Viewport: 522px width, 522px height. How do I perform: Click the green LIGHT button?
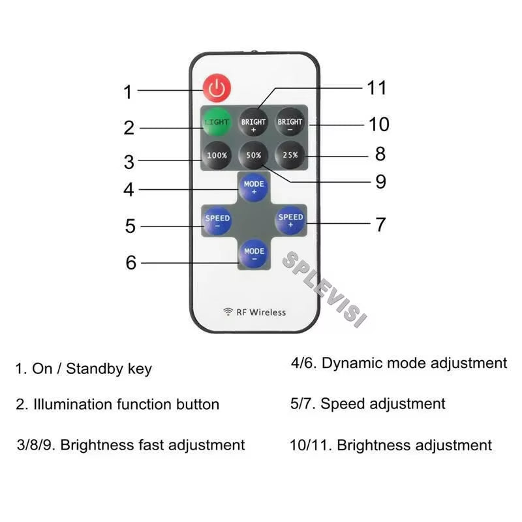point(217,122)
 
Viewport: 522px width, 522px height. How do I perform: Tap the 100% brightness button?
point(217,155)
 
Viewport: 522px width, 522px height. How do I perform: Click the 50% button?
point(254,155)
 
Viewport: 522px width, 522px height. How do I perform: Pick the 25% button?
point(290,155)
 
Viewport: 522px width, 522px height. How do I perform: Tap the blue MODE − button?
point(254,254)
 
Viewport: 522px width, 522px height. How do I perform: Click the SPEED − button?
point(217,221)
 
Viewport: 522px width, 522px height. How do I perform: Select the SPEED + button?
point(290,221)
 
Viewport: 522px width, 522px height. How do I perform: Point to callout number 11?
point(376,87)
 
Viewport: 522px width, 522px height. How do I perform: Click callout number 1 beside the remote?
point(128,93)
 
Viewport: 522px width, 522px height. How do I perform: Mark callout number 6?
point(131,263)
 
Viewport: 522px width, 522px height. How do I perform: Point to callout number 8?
point(380,154)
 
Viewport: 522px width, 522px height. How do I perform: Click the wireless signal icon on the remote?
point(228,312)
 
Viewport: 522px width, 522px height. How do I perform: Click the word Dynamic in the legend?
point(351,363)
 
